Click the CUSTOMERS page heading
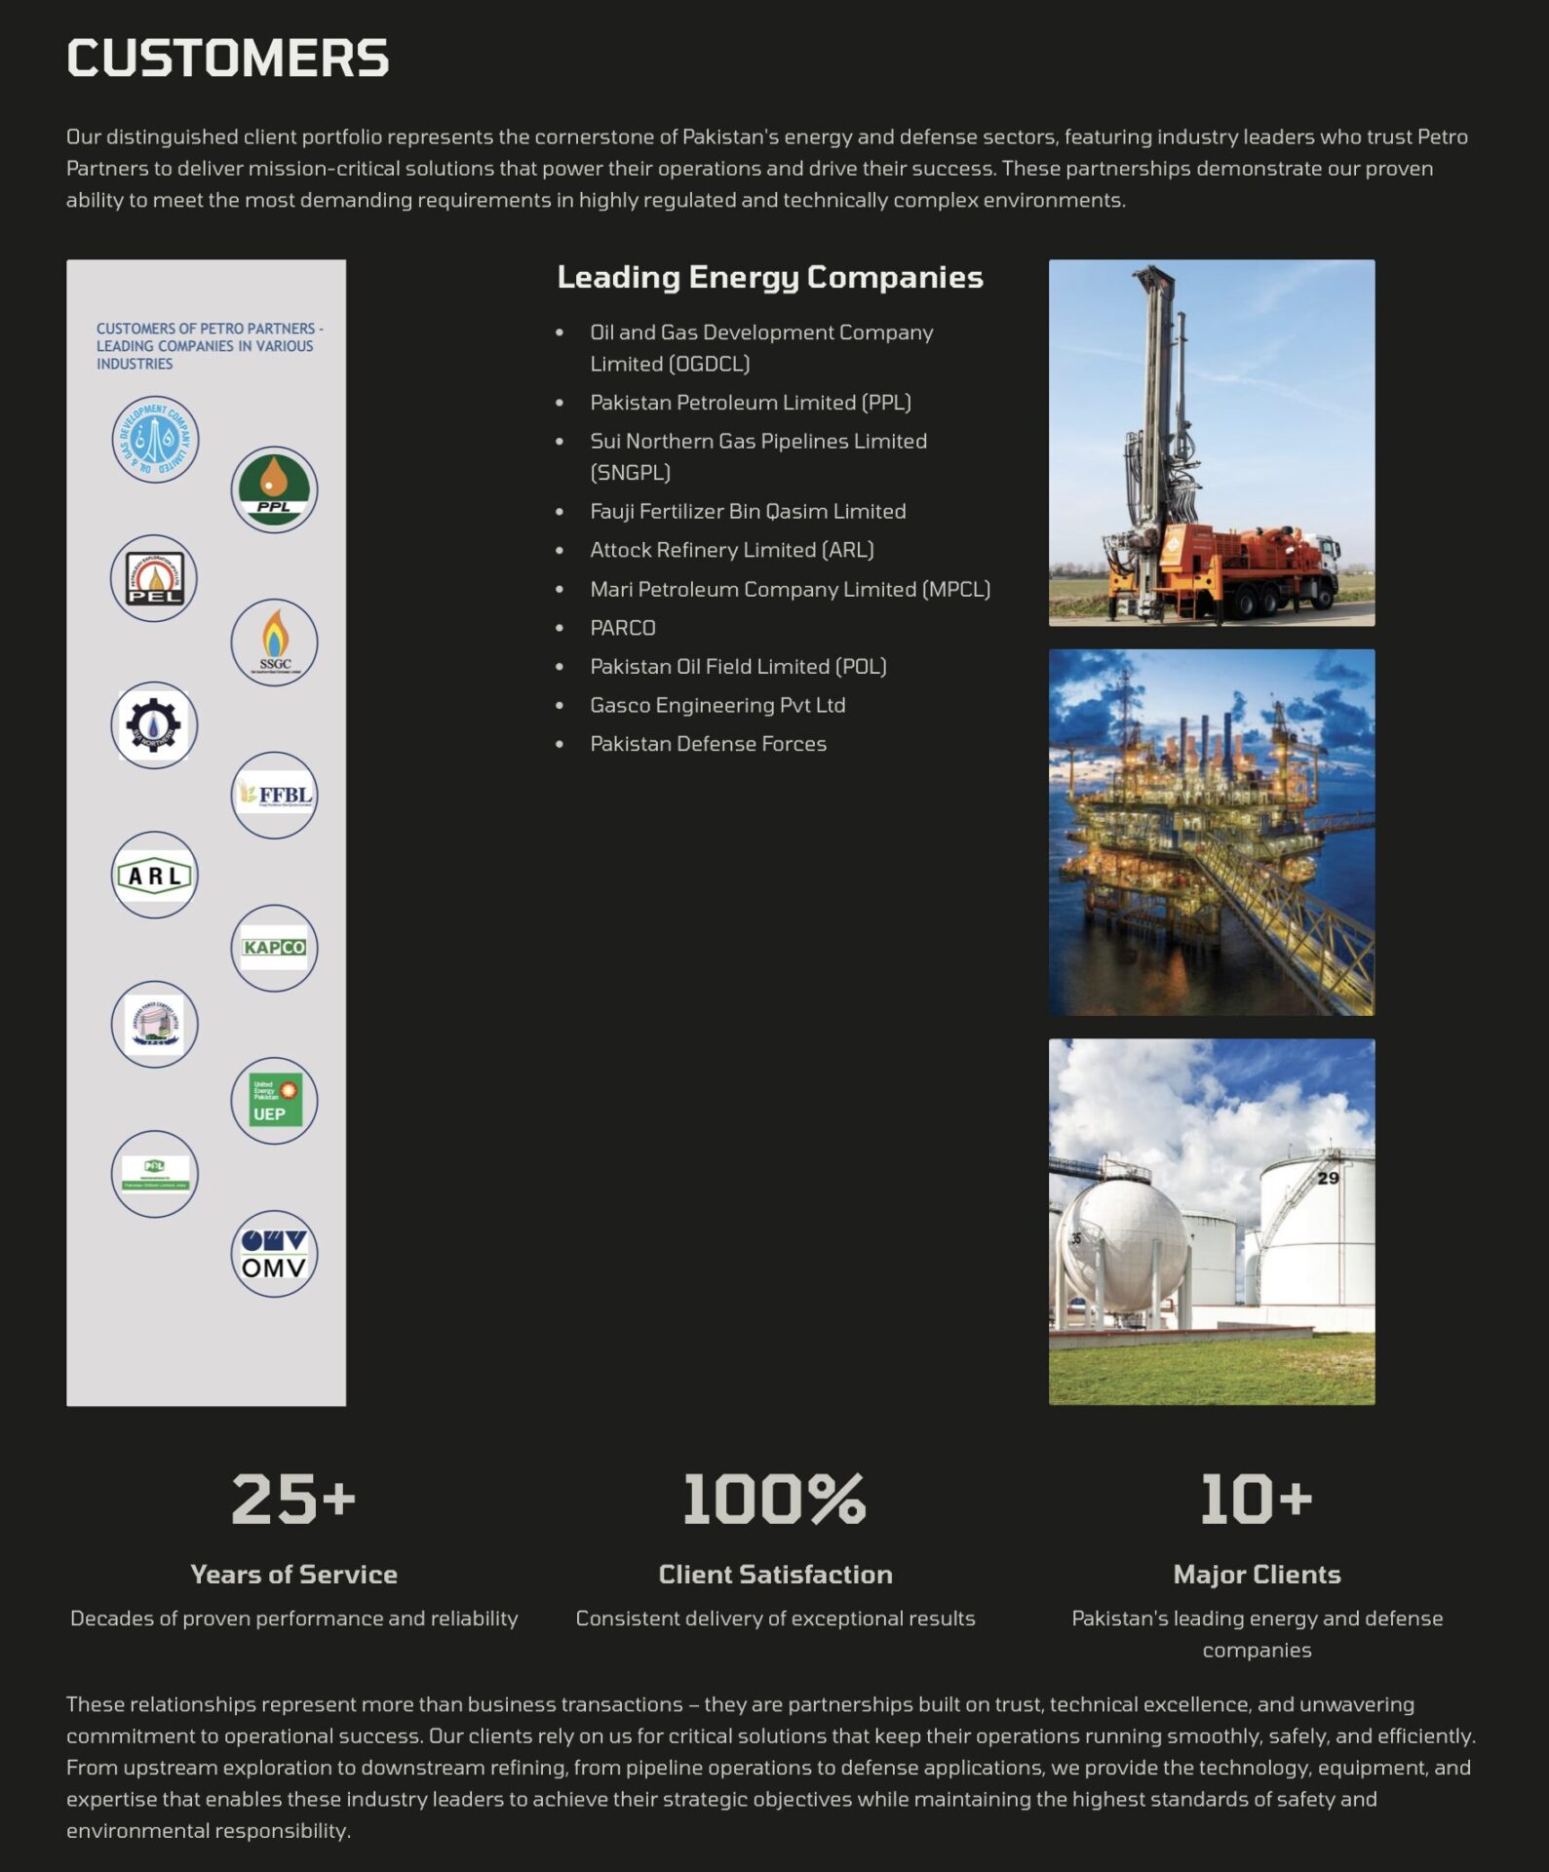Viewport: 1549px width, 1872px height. pos(227,58)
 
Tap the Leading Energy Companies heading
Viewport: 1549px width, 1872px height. pos(769,277)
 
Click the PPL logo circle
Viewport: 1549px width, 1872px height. pos(274,489)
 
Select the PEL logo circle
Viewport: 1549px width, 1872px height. pos(154,578)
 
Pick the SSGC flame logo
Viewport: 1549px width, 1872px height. pos(274,642)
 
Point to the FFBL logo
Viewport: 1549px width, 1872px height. pos(274,795)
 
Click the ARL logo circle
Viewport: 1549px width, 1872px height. pos(154,875)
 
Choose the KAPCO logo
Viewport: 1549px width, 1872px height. pos(274,948)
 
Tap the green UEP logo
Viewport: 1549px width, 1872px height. pos(274,1101)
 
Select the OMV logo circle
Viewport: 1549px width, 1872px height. pos(274,1254)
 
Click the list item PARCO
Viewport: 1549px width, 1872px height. pos(622,628)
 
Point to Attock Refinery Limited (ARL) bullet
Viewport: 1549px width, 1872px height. pos(731,550)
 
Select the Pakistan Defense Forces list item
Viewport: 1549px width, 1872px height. pos(708,744)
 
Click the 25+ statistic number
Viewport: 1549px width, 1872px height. pos(293,1499)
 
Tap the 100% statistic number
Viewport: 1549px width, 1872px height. pos(774,1499)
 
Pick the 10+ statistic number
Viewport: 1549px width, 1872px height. pos(1256,1499)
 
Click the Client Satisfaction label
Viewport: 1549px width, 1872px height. pos(775,1574)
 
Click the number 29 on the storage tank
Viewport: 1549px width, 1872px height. pos(1328,1178)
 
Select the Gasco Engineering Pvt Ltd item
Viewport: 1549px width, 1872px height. pos(716,705)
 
